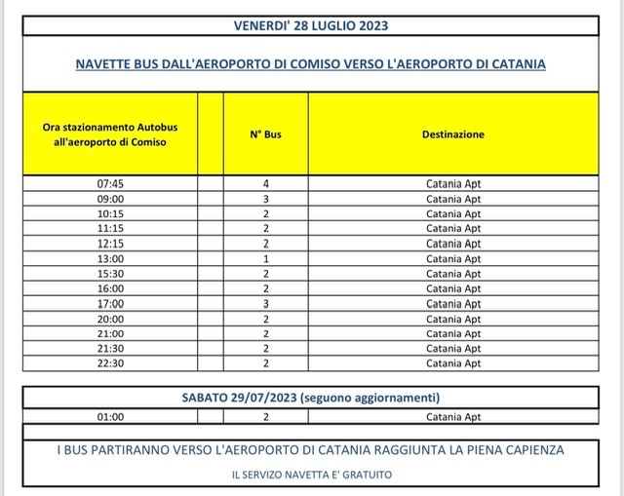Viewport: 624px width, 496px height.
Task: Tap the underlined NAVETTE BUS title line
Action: click(310, 63)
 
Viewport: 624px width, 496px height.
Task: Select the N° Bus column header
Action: click(265, 134)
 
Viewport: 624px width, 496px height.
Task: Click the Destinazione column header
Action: click(453, 134)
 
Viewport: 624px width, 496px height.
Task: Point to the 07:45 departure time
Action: click(112, 183)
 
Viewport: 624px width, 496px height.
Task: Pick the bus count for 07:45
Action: click(265, 183)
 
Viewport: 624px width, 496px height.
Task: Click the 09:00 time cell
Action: click(112, 199)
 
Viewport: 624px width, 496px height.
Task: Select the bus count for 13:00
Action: click(265, 258)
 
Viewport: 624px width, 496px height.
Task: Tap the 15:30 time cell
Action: click(112, 274)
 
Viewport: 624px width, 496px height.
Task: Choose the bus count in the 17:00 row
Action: click(265, 303)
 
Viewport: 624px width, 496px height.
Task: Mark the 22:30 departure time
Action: click(112, 363)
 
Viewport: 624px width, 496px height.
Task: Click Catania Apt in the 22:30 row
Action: click(453, 363)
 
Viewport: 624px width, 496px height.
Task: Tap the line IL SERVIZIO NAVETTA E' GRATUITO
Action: click(310, 474)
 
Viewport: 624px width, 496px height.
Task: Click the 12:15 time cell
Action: click(112, 244)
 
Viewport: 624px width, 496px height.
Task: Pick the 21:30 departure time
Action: click(112, 349)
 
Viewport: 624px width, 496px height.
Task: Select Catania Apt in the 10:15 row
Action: click(453, 213)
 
